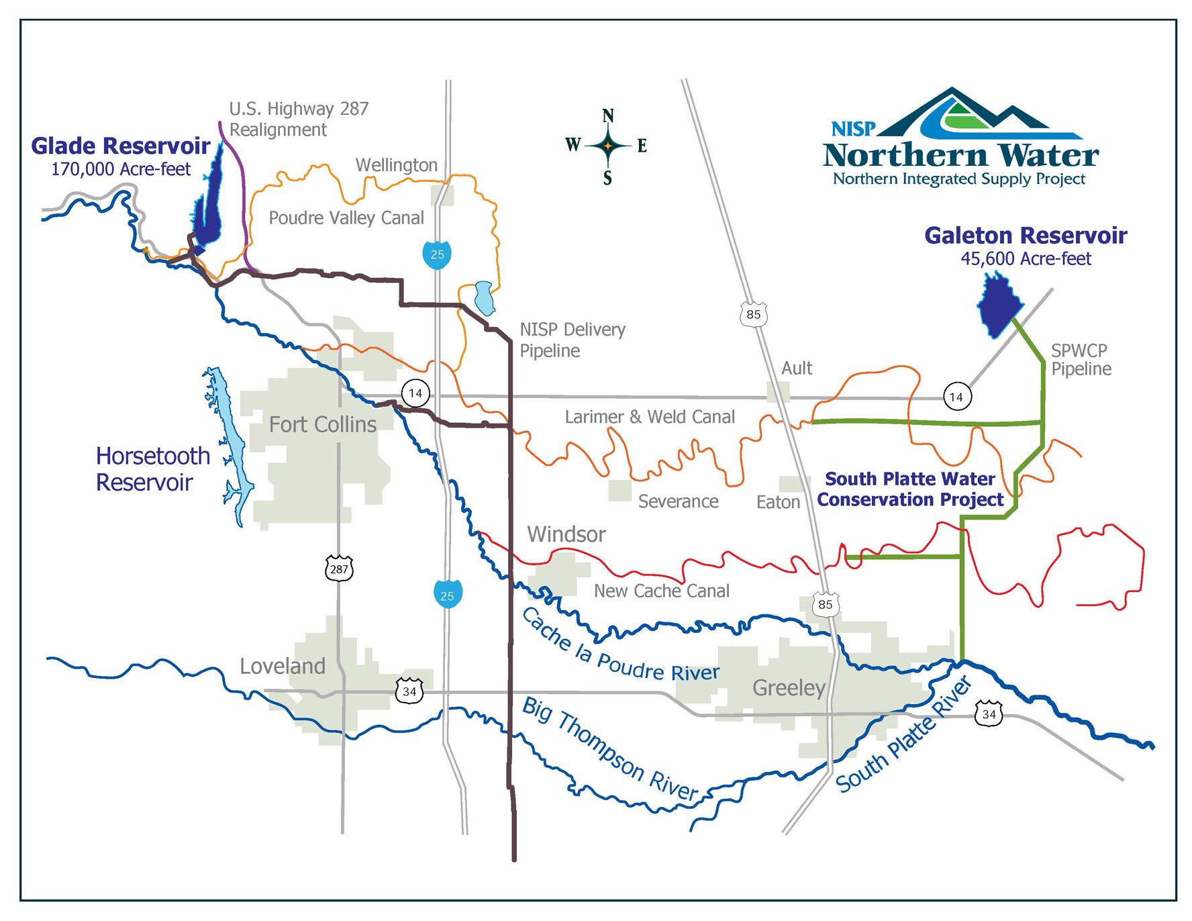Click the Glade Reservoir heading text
pyautogui.click(x=121, y=146)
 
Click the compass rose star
pyautogui.click(x=607, y=145)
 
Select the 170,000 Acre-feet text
pyautogui.click(x=121, y=168)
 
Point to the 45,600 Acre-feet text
pyautogui.click(x=1026, y=258)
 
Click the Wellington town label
pyautogui.click(x=396, y=165)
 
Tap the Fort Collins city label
pyautogui.click(x=322, y=424)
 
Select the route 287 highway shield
pyautogui.click(x=339, y=569)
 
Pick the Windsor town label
pyautogui.click(x=566, y=534)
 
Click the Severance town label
pyautogui.click(x=678, y=501)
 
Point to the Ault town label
pyautogui.click(x=797, y=368)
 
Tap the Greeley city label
pyautogui.click(x=789, y=688)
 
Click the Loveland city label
pyautogui.click(x=283, y=666)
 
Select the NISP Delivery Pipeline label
pyautogui.click(x=572, y=340)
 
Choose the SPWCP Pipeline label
pyautogui.click(x=1081, y=360)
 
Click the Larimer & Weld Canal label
pyautogui.click(x=650, y=417)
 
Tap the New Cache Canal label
pyautogui.click(x=661, y=591)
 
